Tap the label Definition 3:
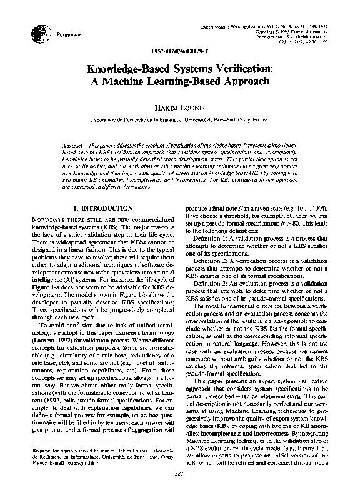[212, 283]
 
